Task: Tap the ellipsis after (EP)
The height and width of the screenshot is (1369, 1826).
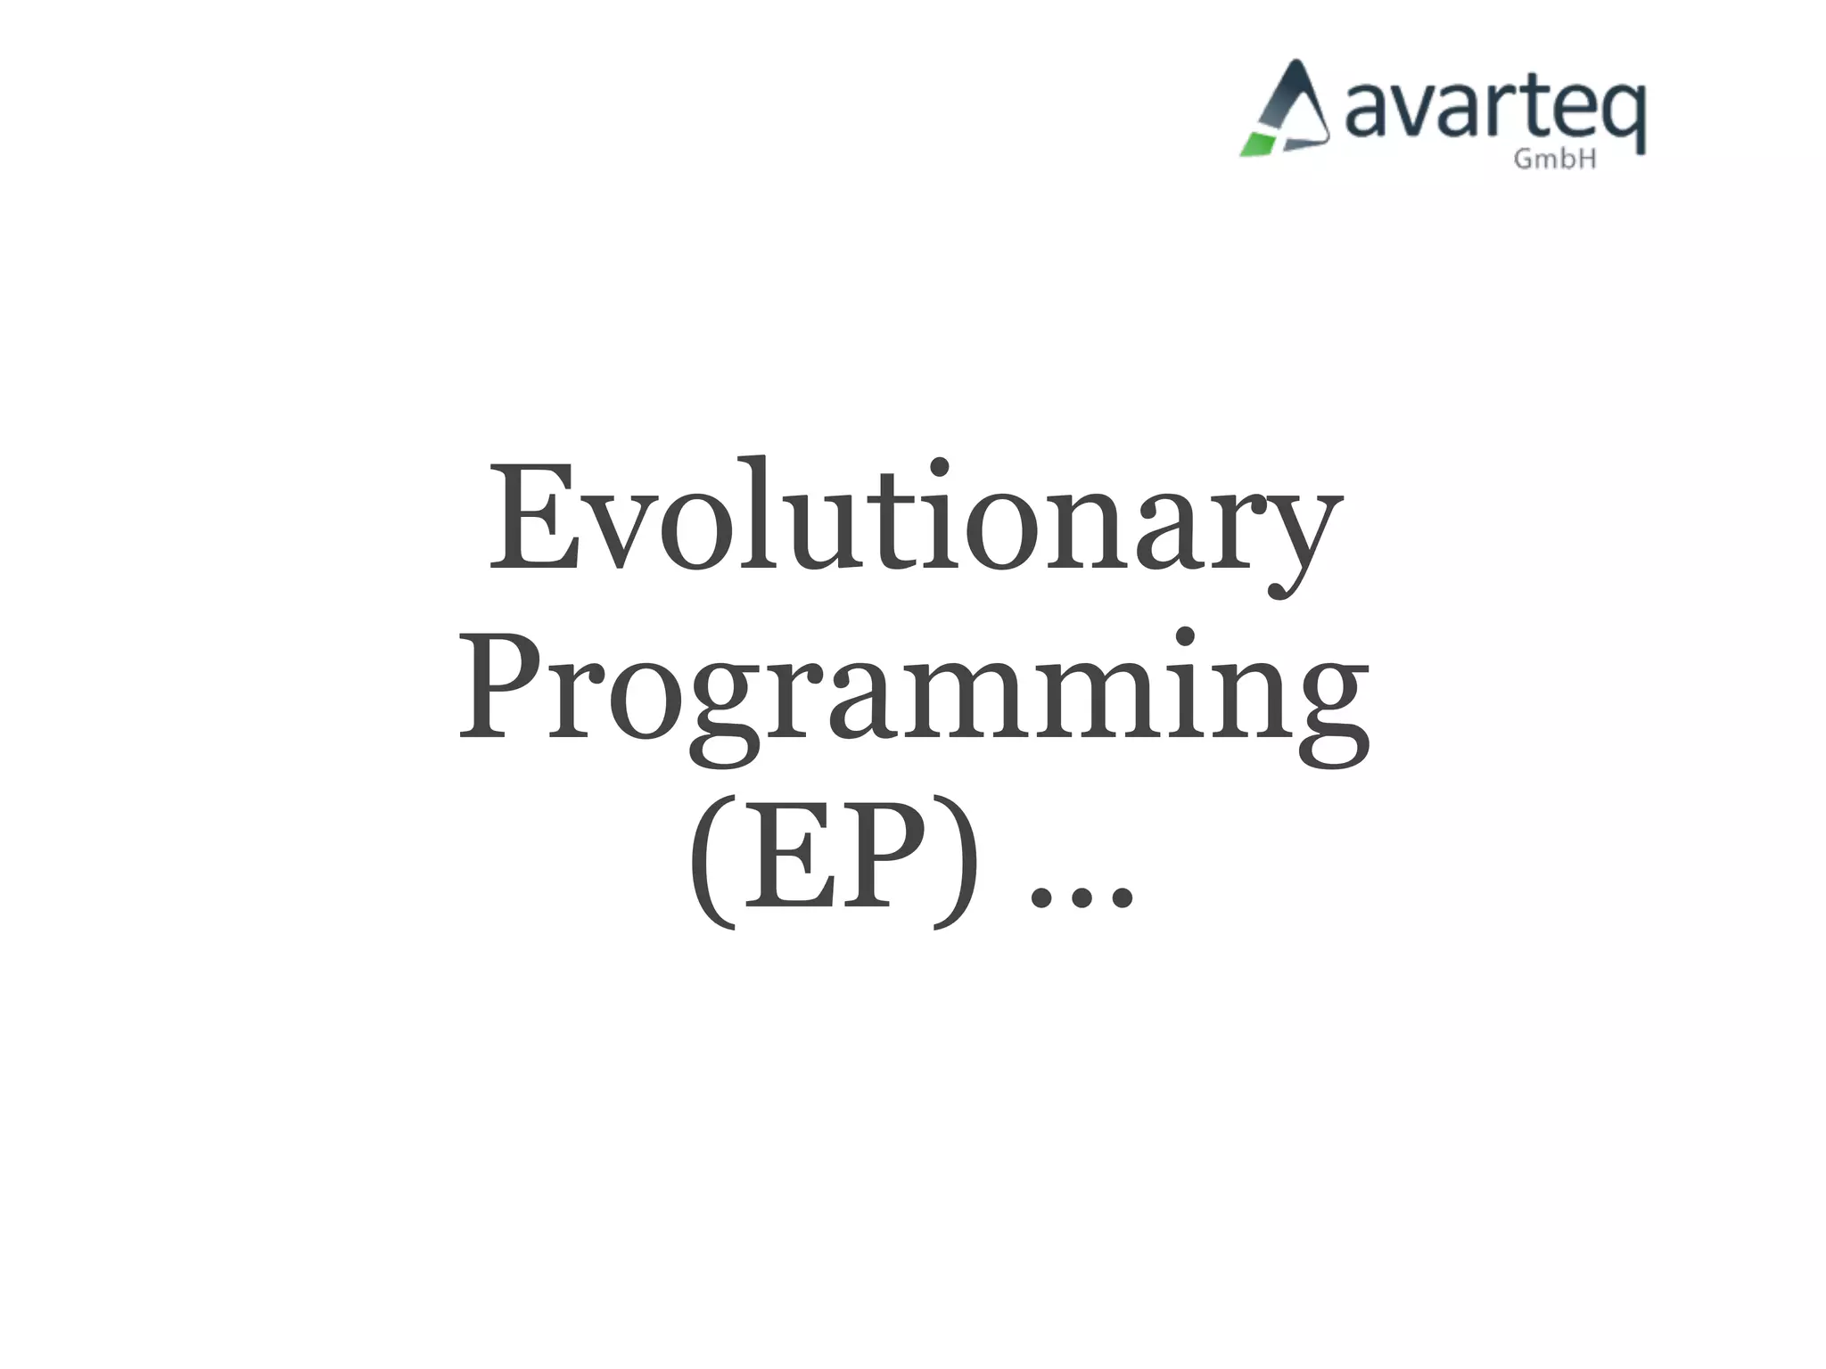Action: coord(1082,899)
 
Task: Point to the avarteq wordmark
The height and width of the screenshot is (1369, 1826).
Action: coord(1493,111)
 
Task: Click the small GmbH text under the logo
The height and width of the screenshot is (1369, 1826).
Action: coord(1555,160)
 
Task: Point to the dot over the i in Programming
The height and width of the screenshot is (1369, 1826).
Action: coord(1185,637)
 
